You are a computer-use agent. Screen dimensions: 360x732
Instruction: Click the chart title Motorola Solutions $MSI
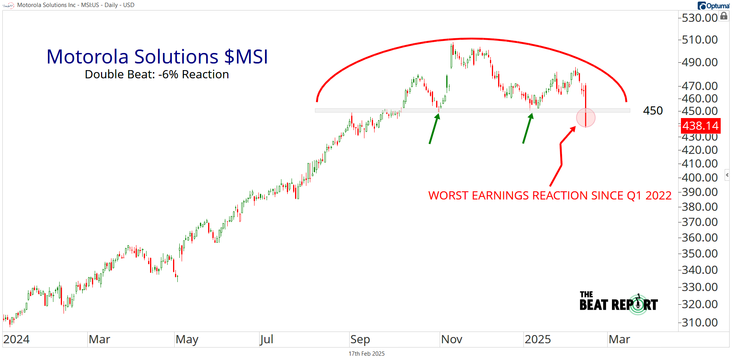157,57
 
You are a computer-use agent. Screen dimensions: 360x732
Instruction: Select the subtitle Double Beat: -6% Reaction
157,74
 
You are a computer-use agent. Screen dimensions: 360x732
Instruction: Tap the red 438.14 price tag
700,126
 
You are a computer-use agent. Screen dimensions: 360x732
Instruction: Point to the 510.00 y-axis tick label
700,40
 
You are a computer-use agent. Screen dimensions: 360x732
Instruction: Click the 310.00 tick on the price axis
700,323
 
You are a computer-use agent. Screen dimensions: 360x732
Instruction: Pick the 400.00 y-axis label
700,178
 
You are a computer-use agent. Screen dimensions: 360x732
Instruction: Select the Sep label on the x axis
360,339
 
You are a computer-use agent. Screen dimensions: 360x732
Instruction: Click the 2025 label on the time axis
538,339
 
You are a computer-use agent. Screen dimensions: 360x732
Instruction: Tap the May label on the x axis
187,339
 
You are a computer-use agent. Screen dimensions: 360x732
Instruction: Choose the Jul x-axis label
267,339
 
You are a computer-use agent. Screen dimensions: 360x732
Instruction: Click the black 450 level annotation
653,111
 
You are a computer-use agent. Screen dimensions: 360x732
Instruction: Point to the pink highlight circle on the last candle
586,117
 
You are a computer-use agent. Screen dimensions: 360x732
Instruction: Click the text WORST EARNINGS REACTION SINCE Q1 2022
550,195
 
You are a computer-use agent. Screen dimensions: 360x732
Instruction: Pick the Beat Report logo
619,303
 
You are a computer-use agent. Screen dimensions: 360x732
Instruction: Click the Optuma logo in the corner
713,5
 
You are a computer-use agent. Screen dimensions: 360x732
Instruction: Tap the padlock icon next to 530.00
724,16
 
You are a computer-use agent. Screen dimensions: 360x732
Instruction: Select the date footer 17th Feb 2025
366,354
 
